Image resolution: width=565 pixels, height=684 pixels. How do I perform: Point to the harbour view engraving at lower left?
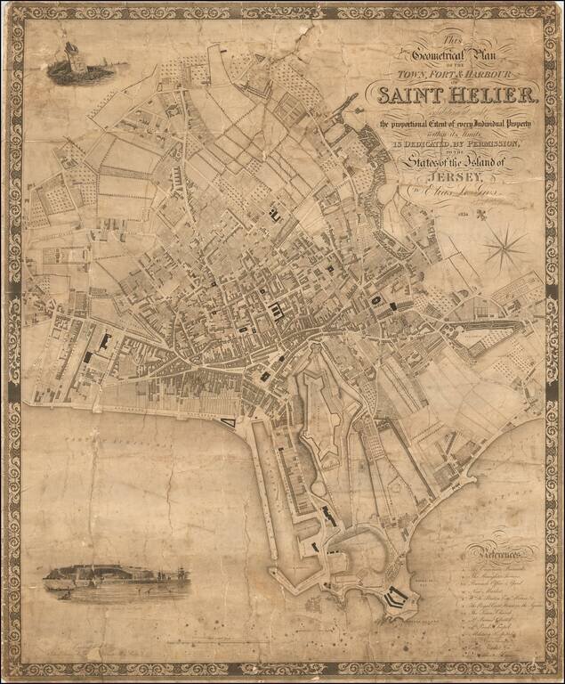click(116, 582)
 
